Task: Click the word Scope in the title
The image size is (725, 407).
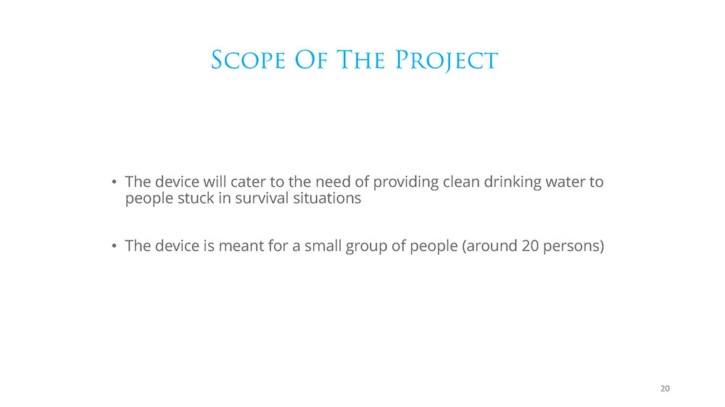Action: tap(248, 61)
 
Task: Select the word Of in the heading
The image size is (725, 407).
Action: tap(312, 61)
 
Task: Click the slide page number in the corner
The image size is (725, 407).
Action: tap(665, 388)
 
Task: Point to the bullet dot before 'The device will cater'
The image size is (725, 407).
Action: tap(114, 182)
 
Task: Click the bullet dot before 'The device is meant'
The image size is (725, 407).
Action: tap(114, 246)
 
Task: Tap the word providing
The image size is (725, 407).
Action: tap(406, 182)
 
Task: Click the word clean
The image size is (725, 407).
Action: tap(461, 182)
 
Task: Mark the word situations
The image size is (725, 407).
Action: tap(327, 198)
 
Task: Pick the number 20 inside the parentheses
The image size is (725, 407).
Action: tap(531, 246)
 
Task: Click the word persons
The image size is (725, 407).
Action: tap(571, 247)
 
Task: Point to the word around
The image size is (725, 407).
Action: tap(492, 246)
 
